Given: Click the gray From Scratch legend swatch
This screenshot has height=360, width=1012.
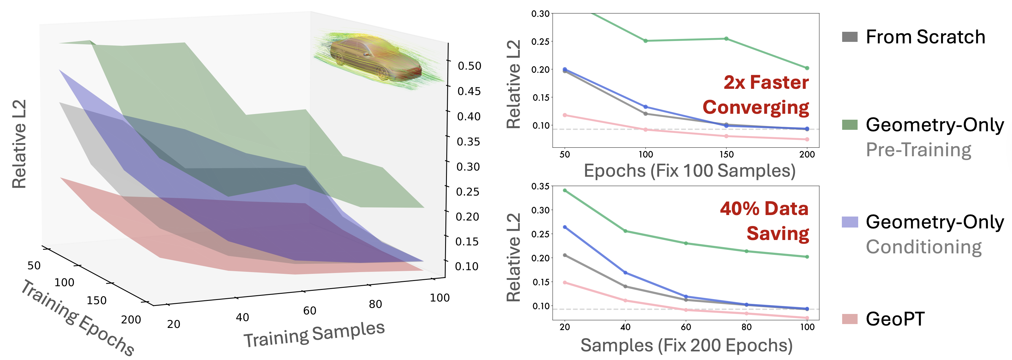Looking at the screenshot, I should click(x=850, y=37).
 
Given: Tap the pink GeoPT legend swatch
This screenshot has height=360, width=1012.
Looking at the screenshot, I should click(x=850, y=319).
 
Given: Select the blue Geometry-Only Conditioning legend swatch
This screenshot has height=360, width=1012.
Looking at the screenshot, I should click(x=850, y=222).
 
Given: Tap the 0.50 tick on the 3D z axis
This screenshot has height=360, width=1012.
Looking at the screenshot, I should click(x=469, y=66).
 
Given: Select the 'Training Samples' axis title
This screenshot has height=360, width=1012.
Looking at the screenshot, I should click(x=314, y=334).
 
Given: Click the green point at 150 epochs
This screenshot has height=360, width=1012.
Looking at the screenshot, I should click(x=726, y=39).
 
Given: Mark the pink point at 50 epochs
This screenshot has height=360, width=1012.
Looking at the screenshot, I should click(x=565, y=115).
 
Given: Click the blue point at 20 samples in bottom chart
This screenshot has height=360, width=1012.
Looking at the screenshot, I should click(x=565, y=227).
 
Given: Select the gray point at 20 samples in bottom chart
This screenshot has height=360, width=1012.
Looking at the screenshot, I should click(x=565, y=255).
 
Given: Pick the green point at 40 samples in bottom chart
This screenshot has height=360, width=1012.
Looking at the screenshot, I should click(x=625, y=231).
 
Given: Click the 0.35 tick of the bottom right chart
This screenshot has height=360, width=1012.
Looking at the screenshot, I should click(x=540, y=186).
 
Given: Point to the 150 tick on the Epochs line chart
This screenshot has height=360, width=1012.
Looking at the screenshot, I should click(x=726, y=154).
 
